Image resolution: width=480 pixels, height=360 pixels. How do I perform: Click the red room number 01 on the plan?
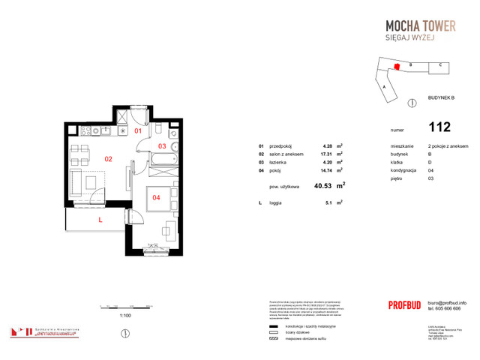(138, 131)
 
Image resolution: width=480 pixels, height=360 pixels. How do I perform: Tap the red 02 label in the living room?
(108, 158)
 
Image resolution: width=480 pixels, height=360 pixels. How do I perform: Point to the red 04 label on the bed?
(156, 198)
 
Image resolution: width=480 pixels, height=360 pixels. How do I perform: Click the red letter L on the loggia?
(100, 220)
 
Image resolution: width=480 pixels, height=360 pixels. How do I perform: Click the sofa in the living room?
(77, 181)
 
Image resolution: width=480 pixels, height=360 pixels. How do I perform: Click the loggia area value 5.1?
(325, 202)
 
